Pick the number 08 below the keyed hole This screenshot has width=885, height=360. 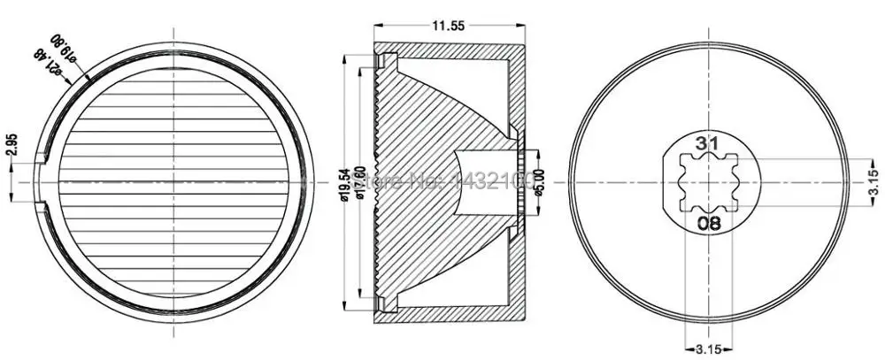[x=707, y=222]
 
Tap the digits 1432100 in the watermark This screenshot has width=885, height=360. [x=490, y=182]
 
